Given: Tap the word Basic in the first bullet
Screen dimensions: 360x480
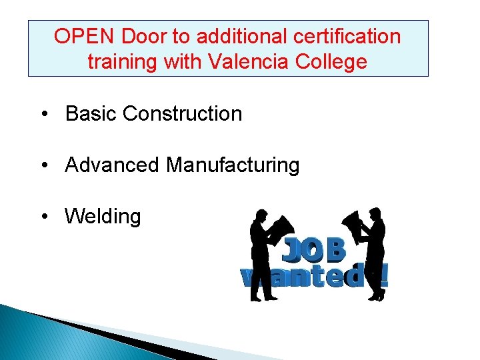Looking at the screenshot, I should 91,113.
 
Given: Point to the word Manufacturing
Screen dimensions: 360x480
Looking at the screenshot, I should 233,164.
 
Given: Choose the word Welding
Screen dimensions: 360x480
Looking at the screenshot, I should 103,216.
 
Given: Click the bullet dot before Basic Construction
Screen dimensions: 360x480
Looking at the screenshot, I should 43,114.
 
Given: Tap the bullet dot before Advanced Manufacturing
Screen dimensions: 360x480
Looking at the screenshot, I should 43,165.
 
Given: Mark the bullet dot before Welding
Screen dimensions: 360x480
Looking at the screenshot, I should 43,217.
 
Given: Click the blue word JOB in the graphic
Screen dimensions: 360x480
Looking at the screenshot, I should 313,250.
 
